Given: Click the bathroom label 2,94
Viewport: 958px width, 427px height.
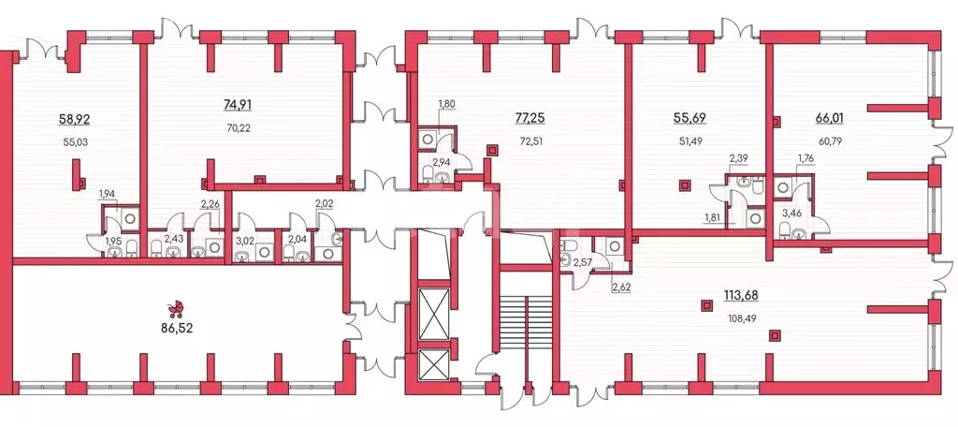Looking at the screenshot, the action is click(x=442, y=162).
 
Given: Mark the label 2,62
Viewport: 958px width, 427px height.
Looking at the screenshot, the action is click(x=621, y=284).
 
